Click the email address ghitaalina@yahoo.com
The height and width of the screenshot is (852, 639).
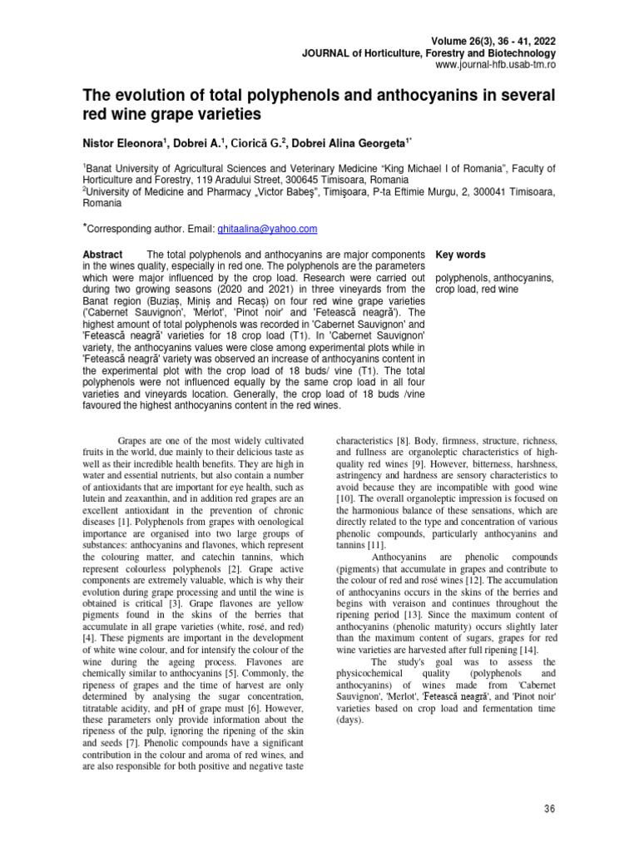[x=267, y=229]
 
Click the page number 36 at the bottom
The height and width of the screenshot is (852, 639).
[x=548, y=809]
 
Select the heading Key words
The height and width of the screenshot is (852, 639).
[x=461, y=255]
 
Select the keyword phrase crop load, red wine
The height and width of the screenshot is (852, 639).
[x=477, y=289]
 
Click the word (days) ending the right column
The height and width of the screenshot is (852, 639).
[x=350, y=720]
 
